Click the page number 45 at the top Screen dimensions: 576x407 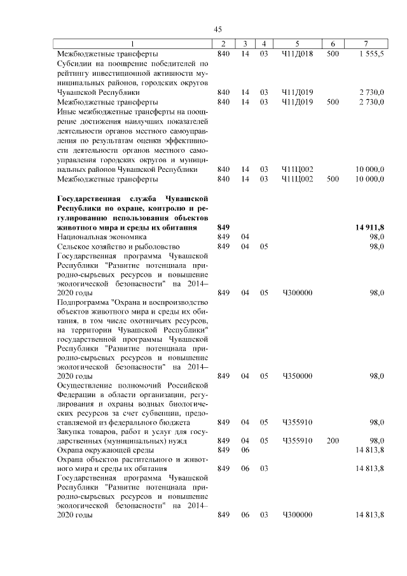[x=217, y=30]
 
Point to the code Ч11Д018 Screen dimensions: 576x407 [x=297, y=54]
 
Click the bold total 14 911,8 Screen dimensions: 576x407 [x=368, y=227]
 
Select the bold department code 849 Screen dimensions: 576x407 [x=223, y=227]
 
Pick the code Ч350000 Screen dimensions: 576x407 [x=297, y=376]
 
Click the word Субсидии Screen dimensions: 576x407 [x=77, y=64]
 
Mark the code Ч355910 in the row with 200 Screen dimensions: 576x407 [x=297, y=440]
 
